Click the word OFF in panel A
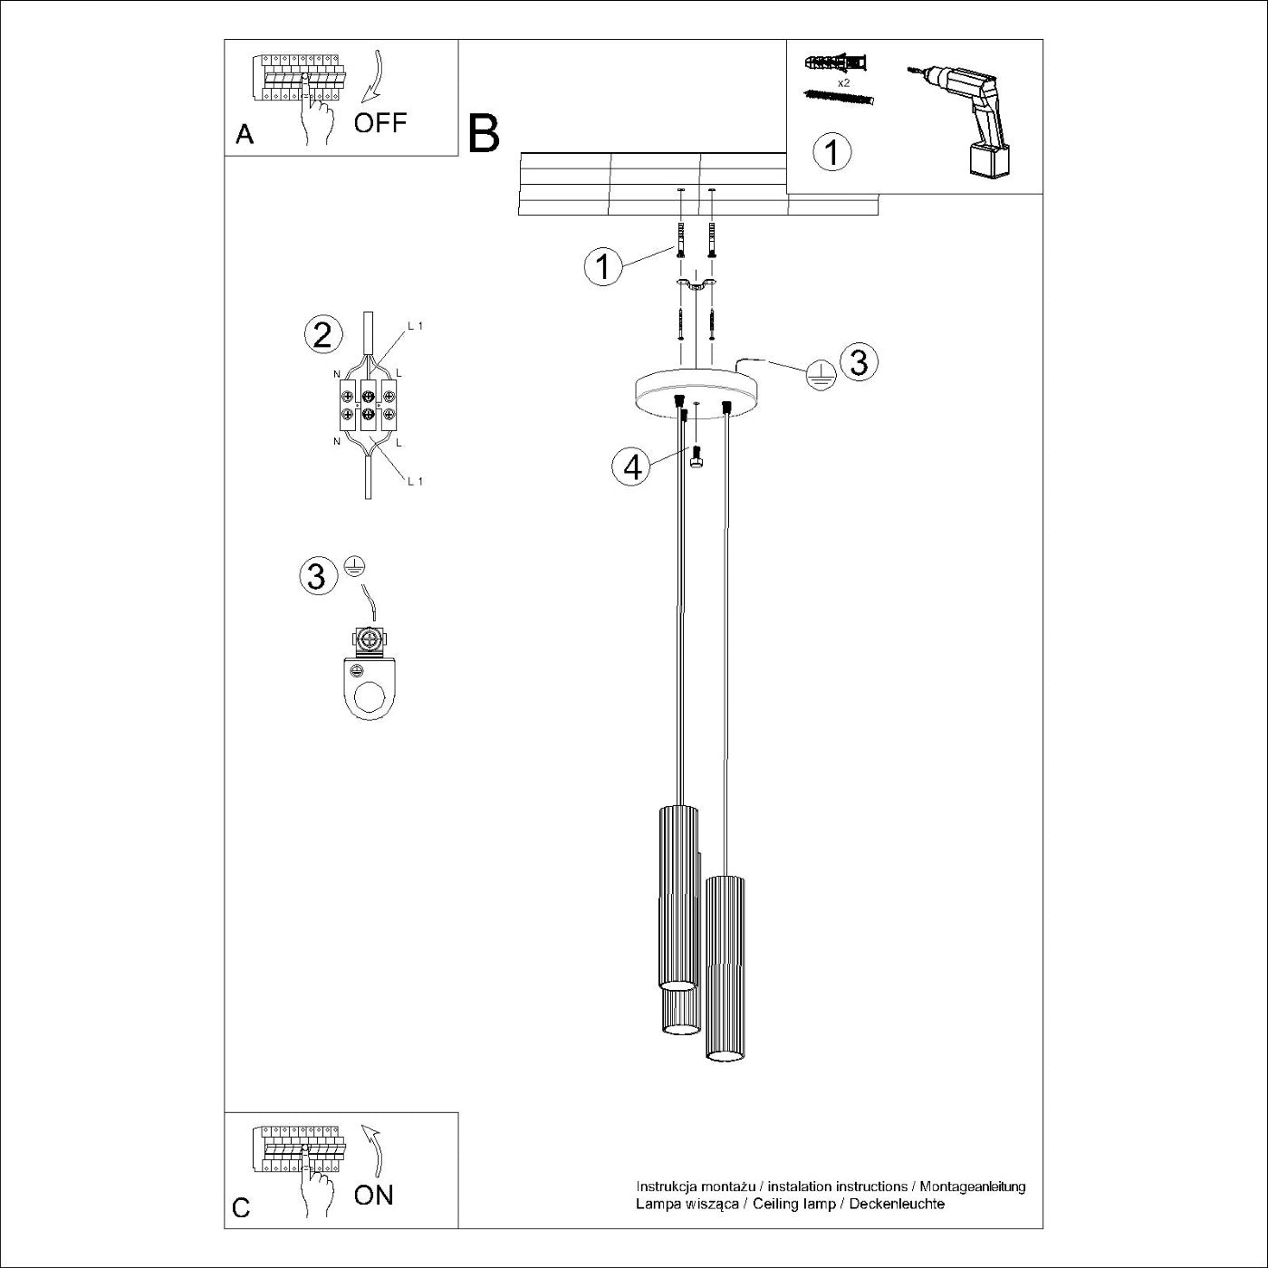[x=379, y=122]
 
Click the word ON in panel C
[x=373, y=1195]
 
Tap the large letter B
[x=484, y=133]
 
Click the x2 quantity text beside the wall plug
[x=843, y=82]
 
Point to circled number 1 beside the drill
[x=832, y=152]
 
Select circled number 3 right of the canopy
[x=858, y=361]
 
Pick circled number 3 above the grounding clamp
[x=317, y=575]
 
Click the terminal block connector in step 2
[x=368, y=405]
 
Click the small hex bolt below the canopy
[x=696, y=460]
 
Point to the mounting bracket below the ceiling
[x=695, y=286]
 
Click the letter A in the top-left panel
[x=245, y=135]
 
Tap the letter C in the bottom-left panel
[x=241, y=1208]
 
